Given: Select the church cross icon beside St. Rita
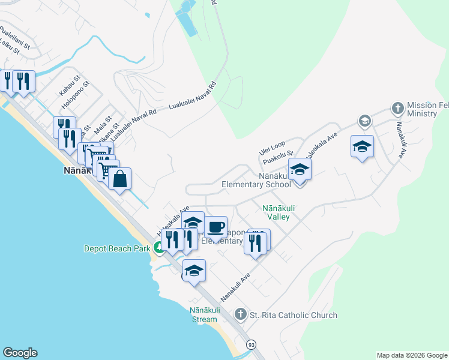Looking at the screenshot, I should [x=240, y=314].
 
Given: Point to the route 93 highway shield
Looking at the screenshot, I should [x=252, y=344].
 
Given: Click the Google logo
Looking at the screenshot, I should [x=20, y=353].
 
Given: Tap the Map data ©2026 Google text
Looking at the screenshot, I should [x=412, y=355].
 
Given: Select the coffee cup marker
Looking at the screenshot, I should [x=215, y=227].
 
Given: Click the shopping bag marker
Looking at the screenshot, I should [x=119, y=179].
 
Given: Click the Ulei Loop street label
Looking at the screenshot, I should [x=272, y=146].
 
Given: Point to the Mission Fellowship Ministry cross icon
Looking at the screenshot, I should [x=397, y=109].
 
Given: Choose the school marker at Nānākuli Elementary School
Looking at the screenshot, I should [x=300, y=170].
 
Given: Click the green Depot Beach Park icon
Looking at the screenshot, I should [x=159, y=247].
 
